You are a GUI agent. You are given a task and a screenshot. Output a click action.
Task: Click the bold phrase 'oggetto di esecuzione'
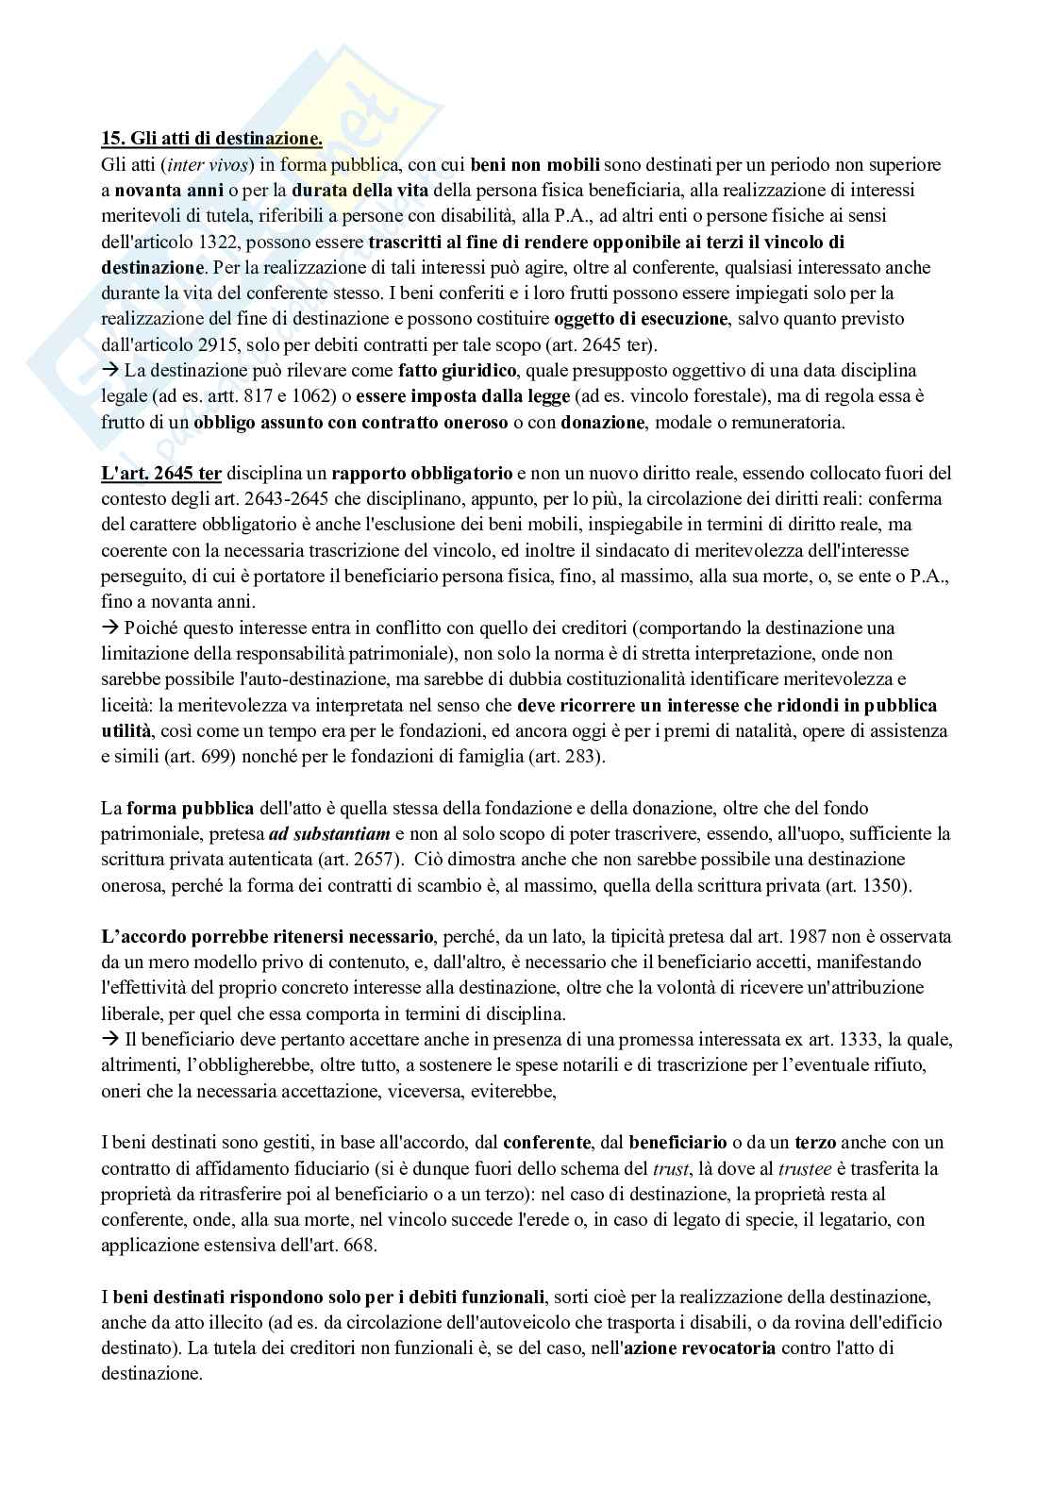[x=641, y=319]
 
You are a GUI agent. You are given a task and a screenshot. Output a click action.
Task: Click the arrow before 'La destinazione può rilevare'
[x=108, y=371]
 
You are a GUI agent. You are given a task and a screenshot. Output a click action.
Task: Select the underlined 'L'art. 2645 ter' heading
[x=161, y=473]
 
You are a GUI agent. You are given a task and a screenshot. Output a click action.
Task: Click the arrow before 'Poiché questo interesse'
[x=108, y=628]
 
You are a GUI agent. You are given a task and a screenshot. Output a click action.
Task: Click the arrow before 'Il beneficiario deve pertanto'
[x=108, y=1040]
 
